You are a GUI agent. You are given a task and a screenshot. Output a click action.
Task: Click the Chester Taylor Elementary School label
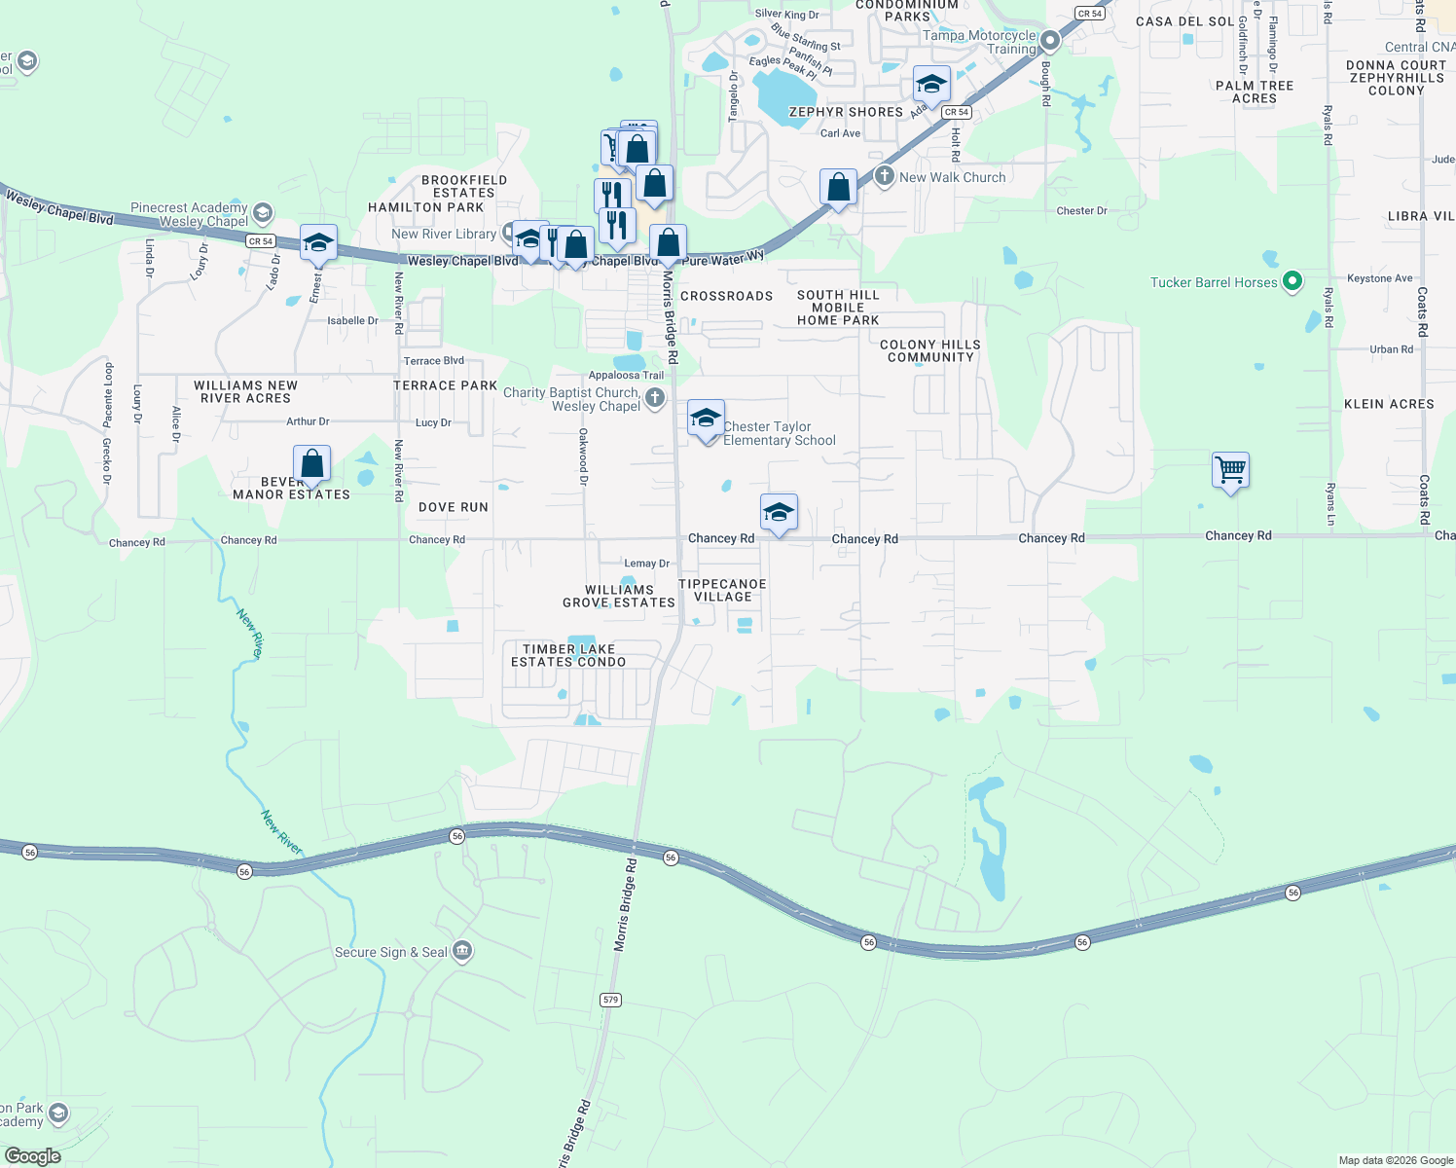(779, 434)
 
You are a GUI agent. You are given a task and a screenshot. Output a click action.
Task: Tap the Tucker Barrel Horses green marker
(1292, 282)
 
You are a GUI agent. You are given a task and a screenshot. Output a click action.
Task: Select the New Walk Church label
(952, 177)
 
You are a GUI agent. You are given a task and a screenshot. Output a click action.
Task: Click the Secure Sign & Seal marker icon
(462, 951)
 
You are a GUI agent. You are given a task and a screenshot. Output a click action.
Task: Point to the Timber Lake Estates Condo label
(568, 655)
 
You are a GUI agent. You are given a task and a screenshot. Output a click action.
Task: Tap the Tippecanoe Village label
(722, 590)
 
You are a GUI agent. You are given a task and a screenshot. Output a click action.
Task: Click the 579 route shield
(610, 1000)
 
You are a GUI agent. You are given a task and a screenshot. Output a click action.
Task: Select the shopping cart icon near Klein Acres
(1230, 471)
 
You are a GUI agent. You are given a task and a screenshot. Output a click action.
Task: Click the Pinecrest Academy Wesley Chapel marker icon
(262, 213)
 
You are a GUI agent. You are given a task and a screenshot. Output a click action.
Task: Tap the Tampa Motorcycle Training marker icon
(1049, 42)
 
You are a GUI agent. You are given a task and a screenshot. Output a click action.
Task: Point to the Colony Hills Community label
(929, 350)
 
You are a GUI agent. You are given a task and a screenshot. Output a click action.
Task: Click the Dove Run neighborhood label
(454, 507)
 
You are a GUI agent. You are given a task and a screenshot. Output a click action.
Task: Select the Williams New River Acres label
(245, 391)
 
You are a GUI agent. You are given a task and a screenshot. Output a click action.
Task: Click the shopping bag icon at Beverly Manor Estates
(311, 464)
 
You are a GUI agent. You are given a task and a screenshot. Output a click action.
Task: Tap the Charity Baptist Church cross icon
(655, 397)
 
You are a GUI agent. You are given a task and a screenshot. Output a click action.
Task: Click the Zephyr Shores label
(846, 112)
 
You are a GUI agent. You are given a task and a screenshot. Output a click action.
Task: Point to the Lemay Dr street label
(646, 564)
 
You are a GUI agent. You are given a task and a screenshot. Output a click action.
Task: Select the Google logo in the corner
(33, 1155)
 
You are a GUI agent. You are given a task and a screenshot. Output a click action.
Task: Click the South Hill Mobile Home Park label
(838, 307)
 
